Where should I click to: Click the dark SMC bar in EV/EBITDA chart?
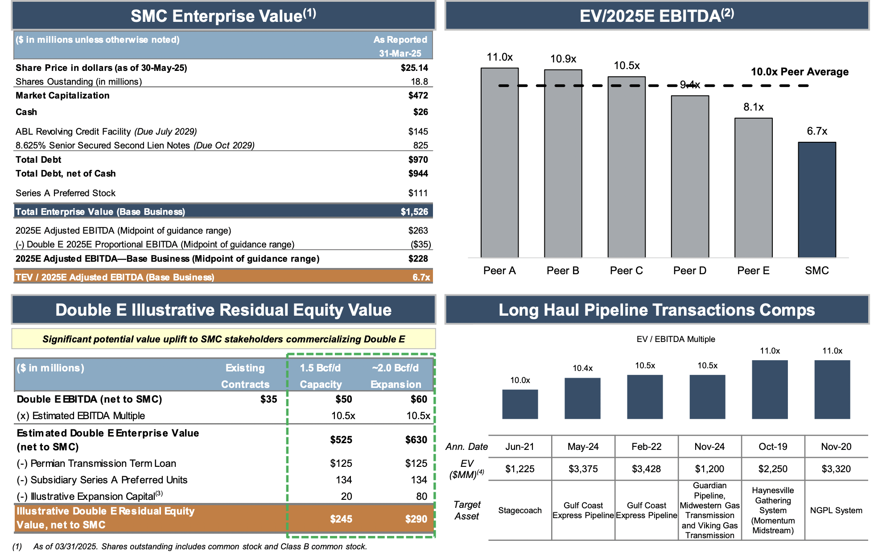[x=816, y=199]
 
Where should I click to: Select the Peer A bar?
[x=499, y=163]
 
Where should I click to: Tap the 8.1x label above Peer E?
[x=753, y=107]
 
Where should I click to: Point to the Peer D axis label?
[x=689, y=271]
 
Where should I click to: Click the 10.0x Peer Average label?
[x=800, y=72]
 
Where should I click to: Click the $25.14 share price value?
[x=414, y=68]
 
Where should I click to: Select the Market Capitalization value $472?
[x=418, y=95]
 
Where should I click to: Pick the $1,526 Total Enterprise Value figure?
[x=414, y=212]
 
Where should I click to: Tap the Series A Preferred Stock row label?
[x=66, y=193]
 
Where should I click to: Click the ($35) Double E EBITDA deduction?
[x=420, y=244]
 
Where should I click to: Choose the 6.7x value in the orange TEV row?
[x=421, y=277]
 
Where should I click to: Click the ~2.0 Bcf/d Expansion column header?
[x=396, y=376]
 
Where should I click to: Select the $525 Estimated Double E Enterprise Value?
[x=341, y=440]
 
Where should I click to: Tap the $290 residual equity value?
[x=416, y=519]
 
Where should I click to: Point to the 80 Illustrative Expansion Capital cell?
[x=421, y=496]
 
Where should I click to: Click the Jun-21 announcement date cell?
[x=519, y=446]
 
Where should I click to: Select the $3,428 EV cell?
[x=646, y=469]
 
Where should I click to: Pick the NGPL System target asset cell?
[x=836, y=510]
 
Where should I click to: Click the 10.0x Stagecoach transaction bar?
[x=520, y=404]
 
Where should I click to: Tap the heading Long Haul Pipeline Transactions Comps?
[x=656, y=310]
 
